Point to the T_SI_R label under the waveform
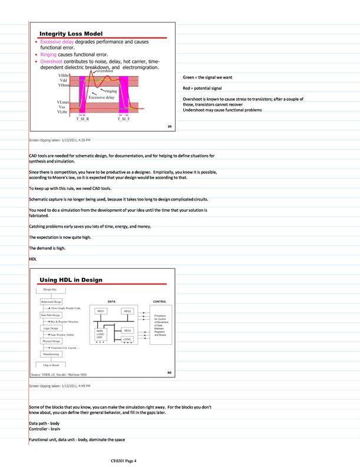[x=83, y=119]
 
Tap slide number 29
[x=169, y=127]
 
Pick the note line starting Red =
[x=204, y=88]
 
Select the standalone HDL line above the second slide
[x=32, y=258]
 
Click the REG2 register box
[x=128, y=311]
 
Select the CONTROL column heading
[x=160, y=301]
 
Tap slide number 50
[x=169, y=372]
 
